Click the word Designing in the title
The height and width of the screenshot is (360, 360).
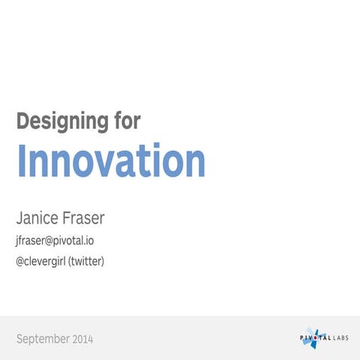coord(64,121)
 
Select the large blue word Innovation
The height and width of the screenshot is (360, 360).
coord(110,161)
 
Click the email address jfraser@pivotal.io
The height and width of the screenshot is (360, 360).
coord(55,241)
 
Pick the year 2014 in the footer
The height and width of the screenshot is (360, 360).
coord(83,339)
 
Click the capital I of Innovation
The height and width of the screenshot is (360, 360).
coord(21,160)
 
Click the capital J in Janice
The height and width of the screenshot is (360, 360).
coord(19,218)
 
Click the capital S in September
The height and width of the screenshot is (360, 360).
coord(19,339)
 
